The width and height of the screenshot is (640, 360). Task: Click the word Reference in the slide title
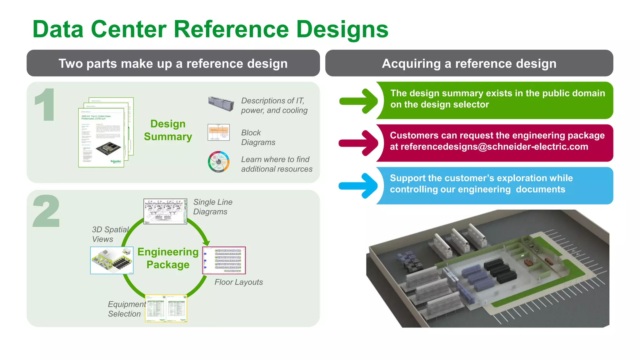(x=231, y=29)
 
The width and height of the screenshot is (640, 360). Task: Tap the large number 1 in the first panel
(x=46, y=105)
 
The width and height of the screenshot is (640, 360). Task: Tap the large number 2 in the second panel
(x=46, y=211)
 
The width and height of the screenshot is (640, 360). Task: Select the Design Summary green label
(x=168, y=130)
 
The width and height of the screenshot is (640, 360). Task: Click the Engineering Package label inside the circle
(x=168, y=258)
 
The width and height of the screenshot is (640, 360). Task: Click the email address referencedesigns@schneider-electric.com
(x=494, y=147)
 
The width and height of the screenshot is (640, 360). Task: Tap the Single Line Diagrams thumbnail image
(x=165, y=211)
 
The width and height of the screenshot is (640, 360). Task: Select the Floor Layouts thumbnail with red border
(x=224, y=260)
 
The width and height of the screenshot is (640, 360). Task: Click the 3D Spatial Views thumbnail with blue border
(x=112, y=260)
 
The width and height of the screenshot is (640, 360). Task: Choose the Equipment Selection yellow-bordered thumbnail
(x=166, y=308)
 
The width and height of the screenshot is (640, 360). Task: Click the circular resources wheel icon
(x=219, y=162)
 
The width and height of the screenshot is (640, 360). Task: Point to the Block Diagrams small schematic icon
(x=218, y=132)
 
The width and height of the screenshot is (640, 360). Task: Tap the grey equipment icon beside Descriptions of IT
(x=221, y=104)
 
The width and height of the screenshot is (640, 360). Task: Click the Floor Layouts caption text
(x=238, y=282)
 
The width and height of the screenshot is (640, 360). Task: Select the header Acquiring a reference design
(x=469, y=63)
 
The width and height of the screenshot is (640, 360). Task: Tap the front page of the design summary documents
(x=101, y=137)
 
